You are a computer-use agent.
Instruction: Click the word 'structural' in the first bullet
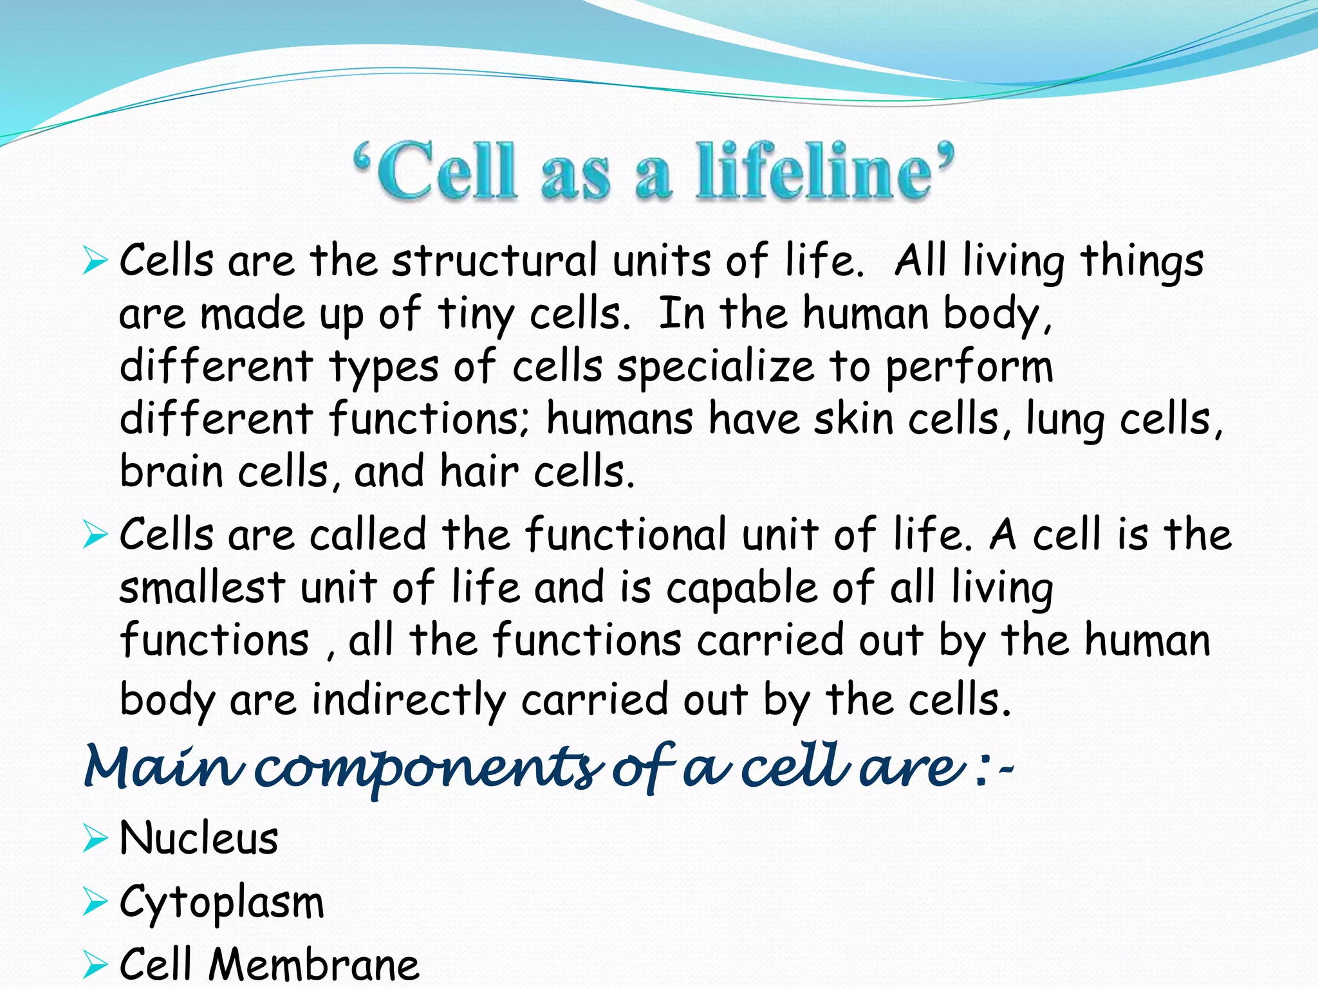[495, 261]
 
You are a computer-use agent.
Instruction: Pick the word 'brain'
[171, 471]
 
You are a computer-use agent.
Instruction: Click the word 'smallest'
[202, 587]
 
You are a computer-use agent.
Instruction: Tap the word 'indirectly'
[409, 700]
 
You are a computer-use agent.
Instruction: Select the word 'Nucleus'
[199, 839]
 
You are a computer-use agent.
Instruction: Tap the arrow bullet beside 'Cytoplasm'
[95, 902]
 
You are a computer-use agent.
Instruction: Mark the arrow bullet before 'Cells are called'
[95, 535]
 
